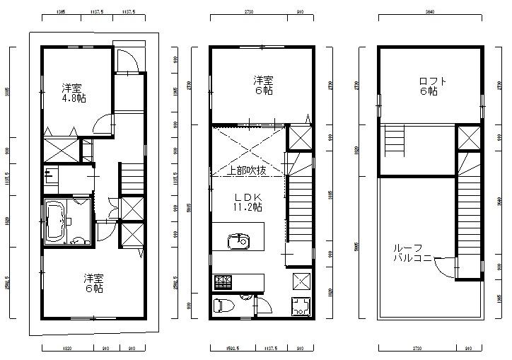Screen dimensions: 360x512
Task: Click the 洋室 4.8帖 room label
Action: point(74,93)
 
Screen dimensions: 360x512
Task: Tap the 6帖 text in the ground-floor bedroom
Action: point(93,289)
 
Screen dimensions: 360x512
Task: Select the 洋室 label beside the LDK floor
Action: point(264,80)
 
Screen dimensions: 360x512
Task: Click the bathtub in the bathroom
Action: point(56,221)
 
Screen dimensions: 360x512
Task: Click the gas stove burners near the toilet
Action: point(223,282)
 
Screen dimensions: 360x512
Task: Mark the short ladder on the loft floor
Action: point(394,141)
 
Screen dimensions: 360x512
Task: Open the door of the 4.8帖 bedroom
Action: point(104,124)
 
